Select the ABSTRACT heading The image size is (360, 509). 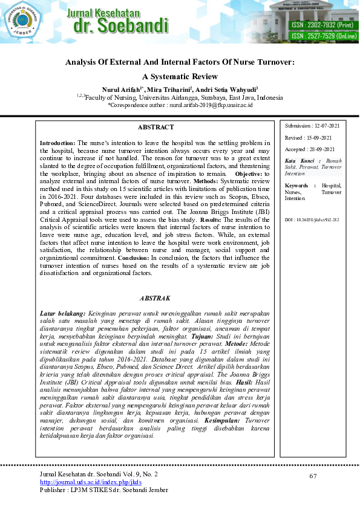[x=155, y=128]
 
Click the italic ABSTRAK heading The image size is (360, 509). [x=155, y=299]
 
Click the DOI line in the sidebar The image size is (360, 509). [x=312, y=220]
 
